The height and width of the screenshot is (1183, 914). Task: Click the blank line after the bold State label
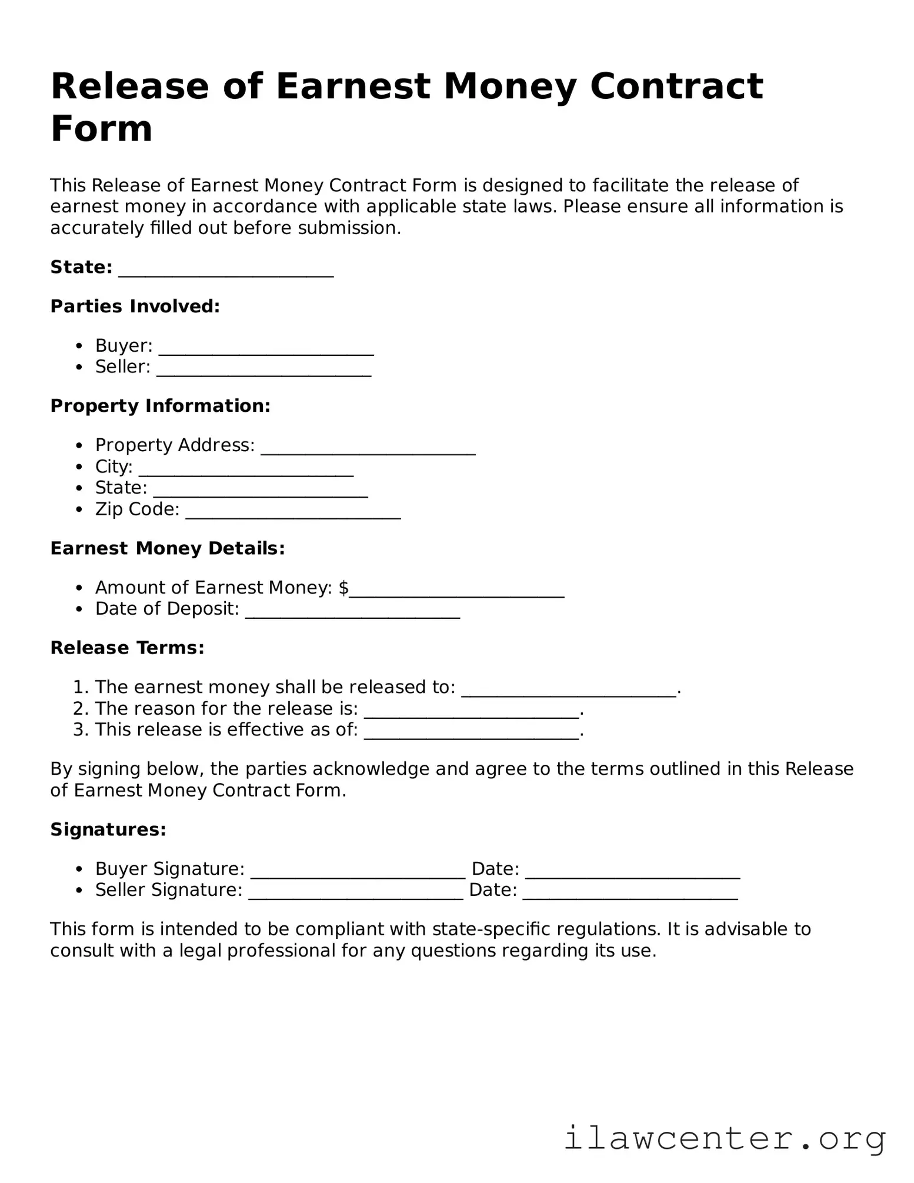click(x=226, y=271)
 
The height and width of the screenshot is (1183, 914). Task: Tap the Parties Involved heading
click(x=135, y=306)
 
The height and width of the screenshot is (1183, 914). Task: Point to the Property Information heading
click(x=160, y=406)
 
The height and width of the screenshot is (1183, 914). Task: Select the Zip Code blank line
click(x=293, y=513)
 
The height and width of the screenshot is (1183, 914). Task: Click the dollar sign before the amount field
click(x=344, y=588)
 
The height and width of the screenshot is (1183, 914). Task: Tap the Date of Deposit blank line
click(x=352, y=612)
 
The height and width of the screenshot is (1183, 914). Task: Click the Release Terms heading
click(x=127, y=648)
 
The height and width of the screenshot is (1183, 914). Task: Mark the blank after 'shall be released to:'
click(x=569, y=691)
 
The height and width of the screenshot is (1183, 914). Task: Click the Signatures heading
click(x=108, y=830)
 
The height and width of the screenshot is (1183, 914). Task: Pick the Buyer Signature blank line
click(x=358, y=873)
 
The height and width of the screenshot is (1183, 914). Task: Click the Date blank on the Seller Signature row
click(x=630, y=894)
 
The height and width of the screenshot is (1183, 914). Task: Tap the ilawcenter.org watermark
click(x=725, y=1138)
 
